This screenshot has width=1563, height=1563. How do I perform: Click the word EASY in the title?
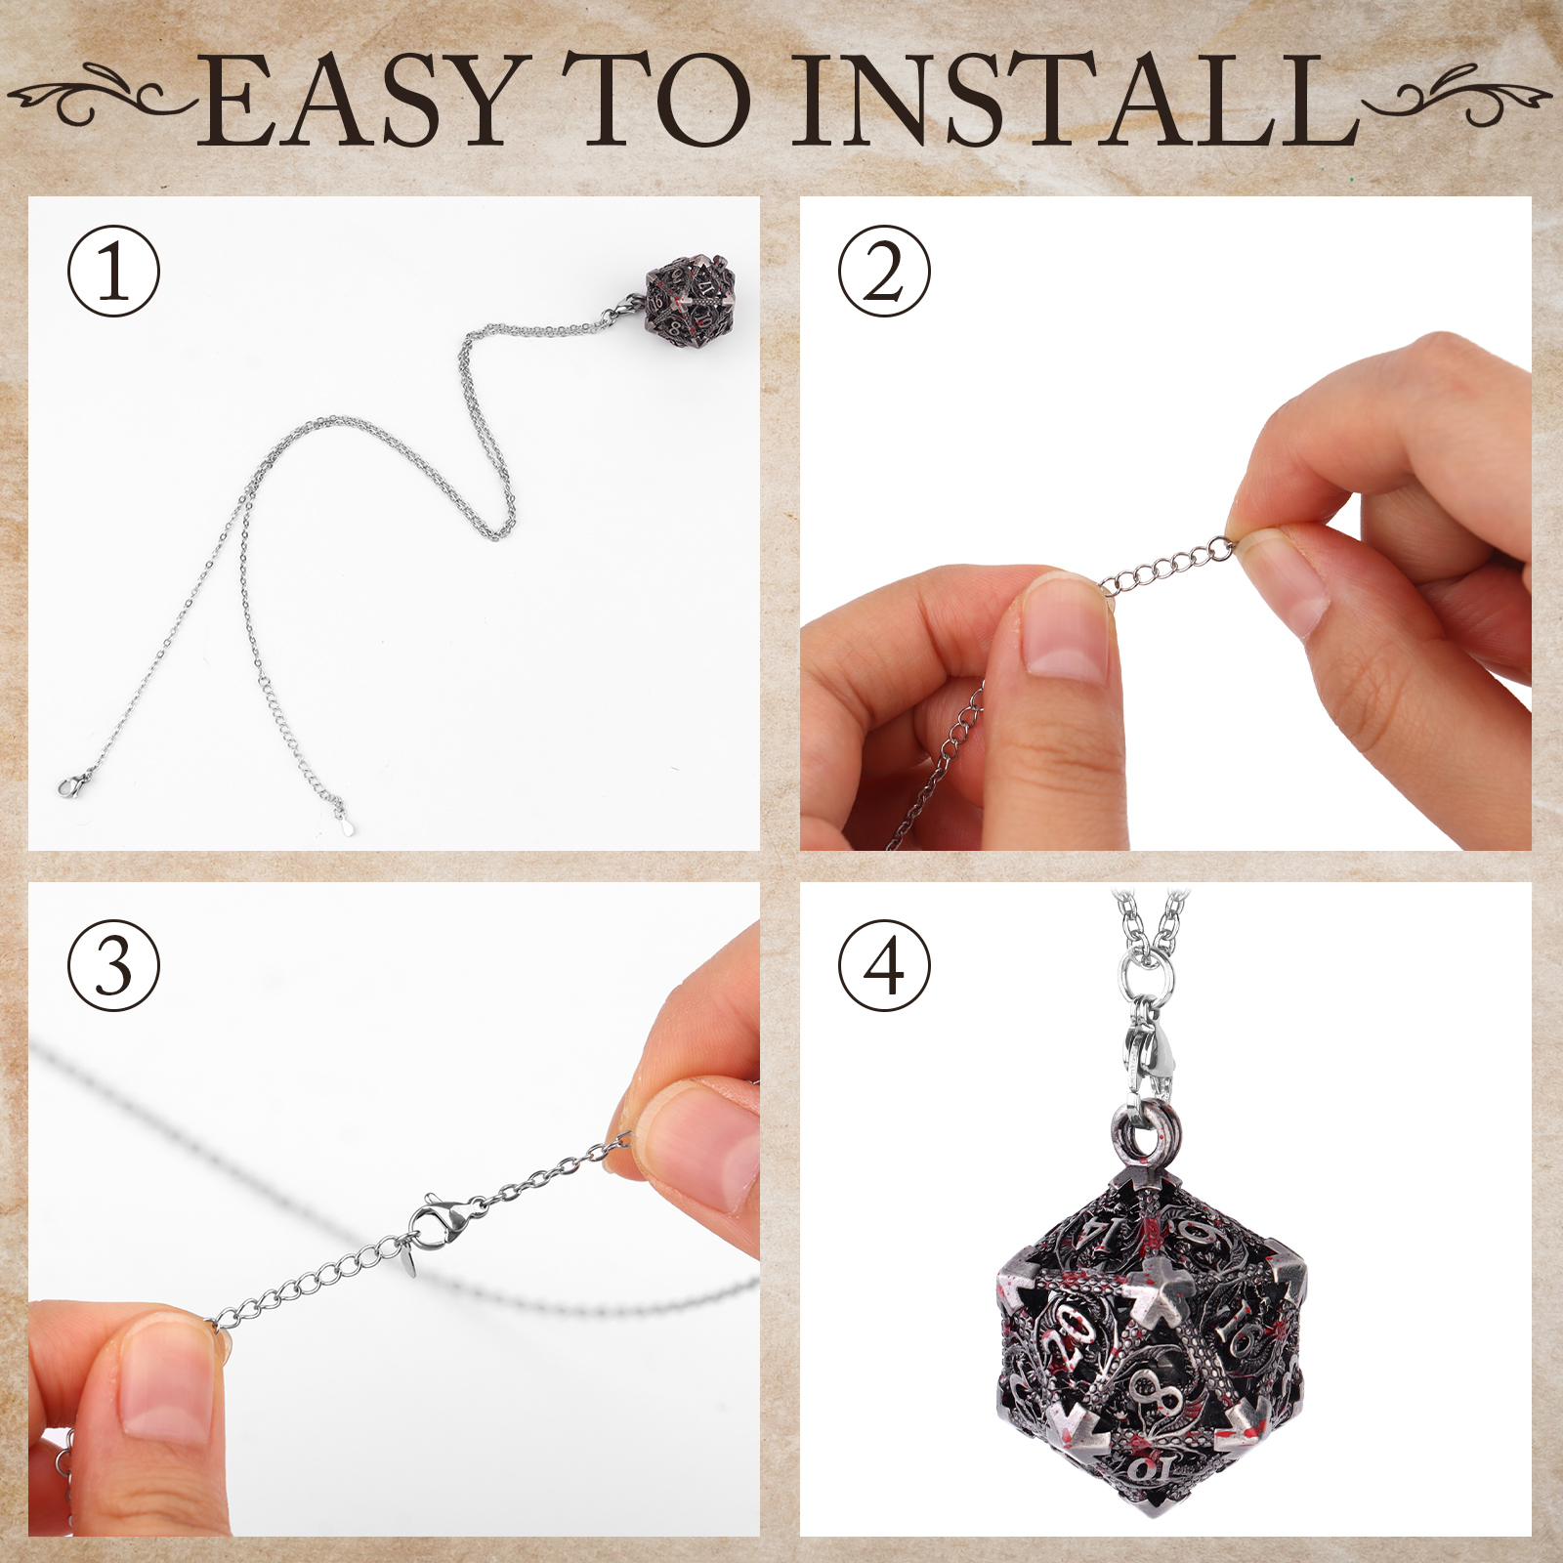click(362, 101)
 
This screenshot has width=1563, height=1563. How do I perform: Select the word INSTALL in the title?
click(1075, 101)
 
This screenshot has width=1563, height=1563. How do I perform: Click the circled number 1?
click(113, 272)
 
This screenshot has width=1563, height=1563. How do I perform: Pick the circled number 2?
click(885, 272)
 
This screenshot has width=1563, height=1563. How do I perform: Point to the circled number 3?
click(113, 965)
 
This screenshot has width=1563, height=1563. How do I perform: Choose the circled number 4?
click(885, 965)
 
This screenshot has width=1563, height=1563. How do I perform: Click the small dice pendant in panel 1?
click(690, 299)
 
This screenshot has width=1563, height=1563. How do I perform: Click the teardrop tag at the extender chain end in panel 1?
click(346, 826)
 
